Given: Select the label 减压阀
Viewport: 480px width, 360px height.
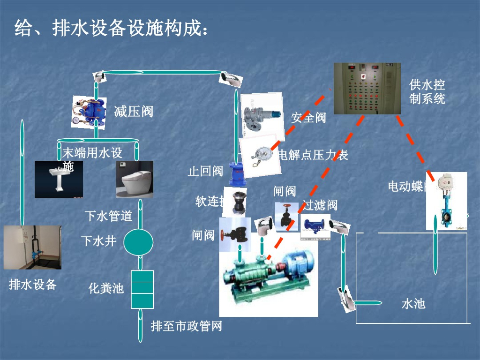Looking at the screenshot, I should [x=134, y=112].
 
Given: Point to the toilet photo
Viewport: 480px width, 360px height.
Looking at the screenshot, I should [x=135, y=179].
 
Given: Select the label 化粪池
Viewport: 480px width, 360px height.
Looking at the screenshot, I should [x=106, y=288].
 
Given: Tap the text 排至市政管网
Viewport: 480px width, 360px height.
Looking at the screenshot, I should [x=186, y=326].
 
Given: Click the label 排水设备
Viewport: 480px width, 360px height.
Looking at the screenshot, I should [x=33, y=284].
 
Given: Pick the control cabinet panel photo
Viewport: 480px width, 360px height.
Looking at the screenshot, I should [x=367, y=89].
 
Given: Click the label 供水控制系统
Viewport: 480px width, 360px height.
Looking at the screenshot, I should [x=427, y=92].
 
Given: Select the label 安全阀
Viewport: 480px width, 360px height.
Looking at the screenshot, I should [x=308, y=118].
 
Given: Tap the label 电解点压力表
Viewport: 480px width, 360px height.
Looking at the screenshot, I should [x=313, y=155].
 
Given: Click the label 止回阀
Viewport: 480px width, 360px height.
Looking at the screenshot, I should [x=205, y=171].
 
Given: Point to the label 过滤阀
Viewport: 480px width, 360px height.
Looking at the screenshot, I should [x=320, y=205].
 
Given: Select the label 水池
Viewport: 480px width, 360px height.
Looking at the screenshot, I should [x=413, y=303].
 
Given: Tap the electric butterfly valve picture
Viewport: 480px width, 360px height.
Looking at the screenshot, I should [x=446, y=201].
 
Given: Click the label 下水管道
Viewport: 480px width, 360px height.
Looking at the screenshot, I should [x=108, y=216].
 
